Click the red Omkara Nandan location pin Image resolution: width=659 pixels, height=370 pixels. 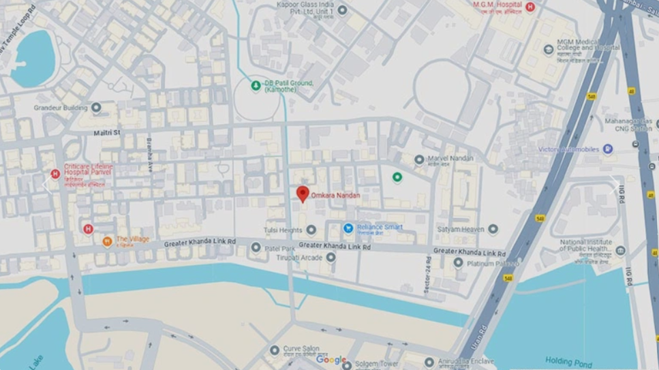(x=303, y=194)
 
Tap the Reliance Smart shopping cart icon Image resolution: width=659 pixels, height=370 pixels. (x=348, y=228)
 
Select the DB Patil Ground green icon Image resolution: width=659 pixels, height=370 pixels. (x=256, y=85)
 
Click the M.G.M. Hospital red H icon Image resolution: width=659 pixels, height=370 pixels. (x=530, y=7)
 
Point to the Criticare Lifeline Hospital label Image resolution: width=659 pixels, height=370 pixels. (x=88, y=170)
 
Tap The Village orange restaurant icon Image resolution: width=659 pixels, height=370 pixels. (x=107, y=241)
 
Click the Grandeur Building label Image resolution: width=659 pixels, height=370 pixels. (x=61, y=108)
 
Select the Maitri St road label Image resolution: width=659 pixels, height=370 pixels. (x=107, y=132)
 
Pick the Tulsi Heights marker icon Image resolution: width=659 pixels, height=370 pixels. (x=311, y=230)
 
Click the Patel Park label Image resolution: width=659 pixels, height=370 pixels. (x=279, y=248)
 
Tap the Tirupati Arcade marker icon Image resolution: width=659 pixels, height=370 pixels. (x=331, y=257)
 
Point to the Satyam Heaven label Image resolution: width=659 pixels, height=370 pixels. (x=463, y=230)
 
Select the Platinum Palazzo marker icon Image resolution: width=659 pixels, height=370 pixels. (x=458, y=262)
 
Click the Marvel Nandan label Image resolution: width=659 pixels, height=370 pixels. (x=450, y=159)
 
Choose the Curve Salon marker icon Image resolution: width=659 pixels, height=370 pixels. (x=275, y=350)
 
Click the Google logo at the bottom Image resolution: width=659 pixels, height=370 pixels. (x=331, y=360)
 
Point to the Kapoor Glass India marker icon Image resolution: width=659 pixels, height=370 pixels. (x=342, y=10)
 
